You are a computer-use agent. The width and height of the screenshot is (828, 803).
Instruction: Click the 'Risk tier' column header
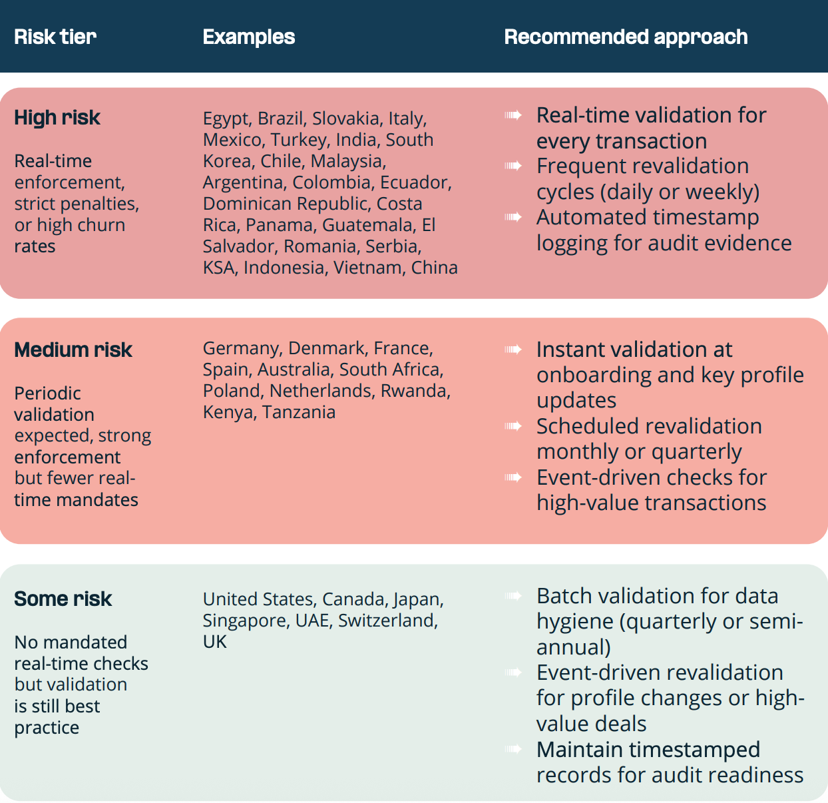point(55,37)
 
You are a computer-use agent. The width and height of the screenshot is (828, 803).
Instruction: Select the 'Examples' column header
point(248,37)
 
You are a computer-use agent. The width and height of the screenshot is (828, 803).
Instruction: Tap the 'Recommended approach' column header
point(626,37)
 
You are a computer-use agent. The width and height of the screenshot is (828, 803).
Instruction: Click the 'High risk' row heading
point(57,118)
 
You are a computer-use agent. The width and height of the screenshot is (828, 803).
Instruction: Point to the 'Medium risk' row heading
point(73,350)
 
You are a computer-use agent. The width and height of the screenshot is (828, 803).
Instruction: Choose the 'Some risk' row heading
point(63,599)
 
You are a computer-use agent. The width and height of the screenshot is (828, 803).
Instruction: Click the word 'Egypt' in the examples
point(226,119)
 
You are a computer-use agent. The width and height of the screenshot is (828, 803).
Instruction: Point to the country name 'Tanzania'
point(299,412)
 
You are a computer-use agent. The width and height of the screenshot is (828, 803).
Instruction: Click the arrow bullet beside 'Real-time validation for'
point(513,115)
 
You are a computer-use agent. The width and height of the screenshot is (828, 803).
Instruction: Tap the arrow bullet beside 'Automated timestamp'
point(513,217)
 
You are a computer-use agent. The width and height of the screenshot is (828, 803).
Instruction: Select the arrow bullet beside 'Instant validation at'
point(513,350)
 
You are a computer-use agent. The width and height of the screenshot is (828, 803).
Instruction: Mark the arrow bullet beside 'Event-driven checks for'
point(513,477)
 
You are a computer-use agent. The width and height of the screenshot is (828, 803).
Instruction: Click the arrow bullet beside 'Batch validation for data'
point(513,596)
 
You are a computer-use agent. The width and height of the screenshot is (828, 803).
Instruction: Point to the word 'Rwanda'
point(414,391)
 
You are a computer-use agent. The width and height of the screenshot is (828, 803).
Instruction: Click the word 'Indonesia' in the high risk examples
point(284,268)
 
